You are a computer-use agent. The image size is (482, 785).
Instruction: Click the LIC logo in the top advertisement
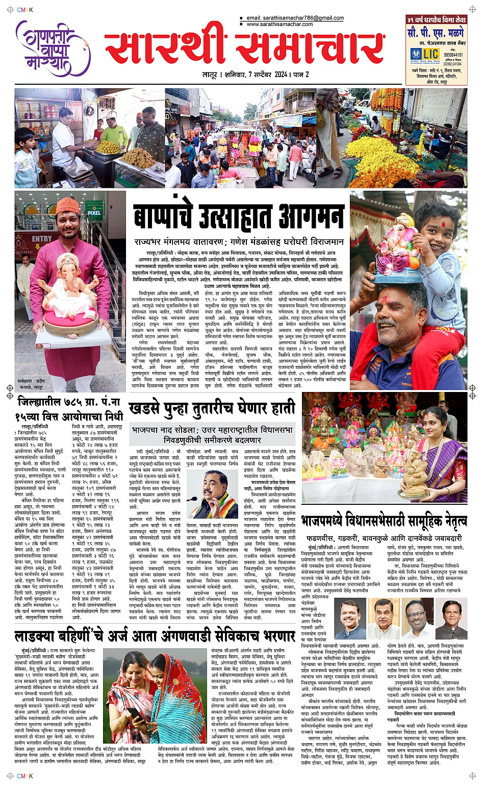tap(425, 54)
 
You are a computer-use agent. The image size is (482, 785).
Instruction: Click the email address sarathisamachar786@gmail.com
tap(295, 18)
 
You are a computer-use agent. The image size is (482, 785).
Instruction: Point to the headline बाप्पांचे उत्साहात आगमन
tap(238, 216)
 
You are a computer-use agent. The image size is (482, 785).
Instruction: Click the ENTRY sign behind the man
tap(42, 239)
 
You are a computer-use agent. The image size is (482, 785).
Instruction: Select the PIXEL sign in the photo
tap(94, 212)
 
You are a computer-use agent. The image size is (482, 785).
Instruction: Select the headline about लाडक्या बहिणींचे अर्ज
tap(155, 636)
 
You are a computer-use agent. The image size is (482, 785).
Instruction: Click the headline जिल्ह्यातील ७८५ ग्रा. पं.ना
tap(69, 401)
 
